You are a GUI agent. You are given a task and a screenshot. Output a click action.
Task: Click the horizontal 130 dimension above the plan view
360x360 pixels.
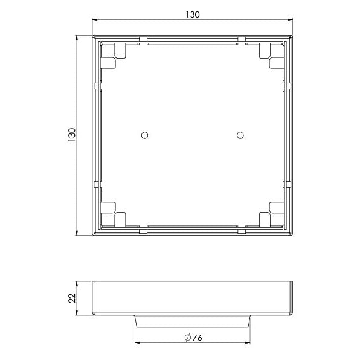[x=193, y=14]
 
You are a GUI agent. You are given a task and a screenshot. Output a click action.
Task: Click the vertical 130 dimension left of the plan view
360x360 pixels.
[x=72, y=135]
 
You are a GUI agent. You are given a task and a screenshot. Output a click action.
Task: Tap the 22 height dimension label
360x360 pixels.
[x=72, y=298]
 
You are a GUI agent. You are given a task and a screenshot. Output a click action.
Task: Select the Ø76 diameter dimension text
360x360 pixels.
[x=193, y=338]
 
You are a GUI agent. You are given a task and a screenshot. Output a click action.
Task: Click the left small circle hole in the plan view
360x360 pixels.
[x=144, y=135]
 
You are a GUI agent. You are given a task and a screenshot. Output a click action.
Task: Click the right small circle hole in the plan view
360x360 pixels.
[x=240, y=135]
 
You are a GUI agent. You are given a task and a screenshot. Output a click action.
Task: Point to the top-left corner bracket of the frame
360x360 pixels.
[x=113, y=56]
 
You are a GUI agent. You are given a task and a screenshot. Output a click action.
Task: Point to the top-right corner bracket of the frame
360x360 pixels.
[x=272, y=56]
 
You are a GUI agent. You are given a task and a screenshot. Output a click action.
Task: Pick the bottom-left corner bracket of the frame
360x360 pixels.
[x=113, y=214]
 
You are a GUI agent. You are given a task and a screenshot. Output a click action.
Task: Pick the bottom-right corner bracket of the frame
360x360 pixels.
[x=272, y=214]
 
